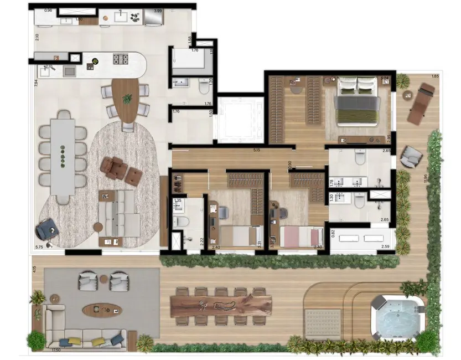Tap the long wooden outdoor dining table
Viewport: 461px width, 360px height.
pyautogui.click(x=221, y=305)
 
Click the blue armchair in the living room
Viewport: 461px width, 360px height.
pyautogui.click(x=45, y=228)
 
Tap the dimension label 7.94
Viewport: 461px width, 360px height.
pyautogui.click(x=35, y=84)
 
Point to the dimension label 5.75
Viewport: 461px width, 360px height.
pyautogui.click(x=39, y=247)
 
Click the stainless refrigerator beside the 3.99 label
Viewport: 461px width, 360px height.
pyautogui.click(x=153, y=19)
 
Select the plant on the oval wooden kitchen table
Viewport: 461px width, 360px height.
pyautogui.click(x=128, y=99)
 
